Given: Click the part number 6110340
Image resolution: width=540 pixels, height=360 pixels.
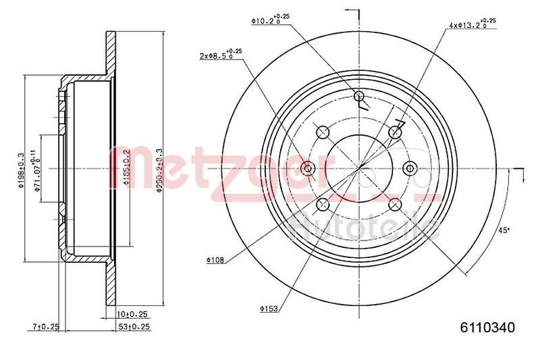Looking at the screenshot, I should [488, 328].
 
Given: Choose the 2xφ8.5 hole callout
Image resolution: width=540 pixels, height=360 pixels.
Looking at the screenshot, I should [220, 55].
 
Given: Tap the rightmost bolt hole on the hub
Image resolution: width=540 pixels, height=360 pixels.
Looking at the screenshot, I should [408, 168].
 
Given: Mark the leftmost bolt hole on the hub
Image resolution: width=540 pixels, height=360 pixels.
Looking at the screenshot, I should [308, 168].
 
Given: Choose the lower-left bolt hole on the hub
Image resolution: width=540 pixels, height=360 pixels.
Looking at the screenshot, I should [323, 204].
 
